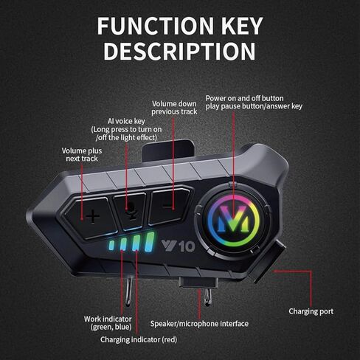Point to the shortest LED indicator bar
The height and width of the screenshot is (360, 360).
[x=111, y=245]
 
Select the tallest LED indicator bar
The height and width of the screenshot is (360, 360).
[x=150, y=242]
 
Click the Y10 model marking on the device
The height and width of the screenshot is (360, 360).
[x=179, y=246]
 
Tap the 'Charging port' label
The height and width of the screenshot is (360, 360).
[x=311, y=311]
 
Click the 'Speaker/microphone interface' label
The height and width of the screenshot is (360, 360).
[x=199, y=324]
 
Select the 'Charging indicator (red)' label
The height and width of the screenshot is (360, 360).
[x=139, y=339]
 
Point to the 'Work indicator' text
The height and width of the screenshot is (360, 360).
[x=108, y=319]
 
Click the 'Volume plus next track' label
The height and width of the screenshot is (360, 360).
[x=82, y=154]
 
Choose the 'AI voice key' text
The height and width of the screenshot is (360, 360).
[x=126, y=121]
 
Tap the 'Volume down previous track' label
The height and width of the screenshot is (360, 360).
[x=174, y=108]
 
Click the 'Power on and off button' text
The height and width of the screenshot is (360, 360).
[x=244, y=98]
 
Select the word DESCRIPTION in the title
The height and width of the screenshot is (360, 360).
[x=180, y=51]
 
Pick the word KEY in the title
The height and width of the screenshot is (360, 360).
[x=243, y=26]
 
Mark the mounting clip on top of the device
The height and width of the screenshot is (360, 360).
[x=167, y=150]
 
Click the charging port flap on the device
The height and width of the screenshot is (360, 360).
[x=268, y=261]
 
